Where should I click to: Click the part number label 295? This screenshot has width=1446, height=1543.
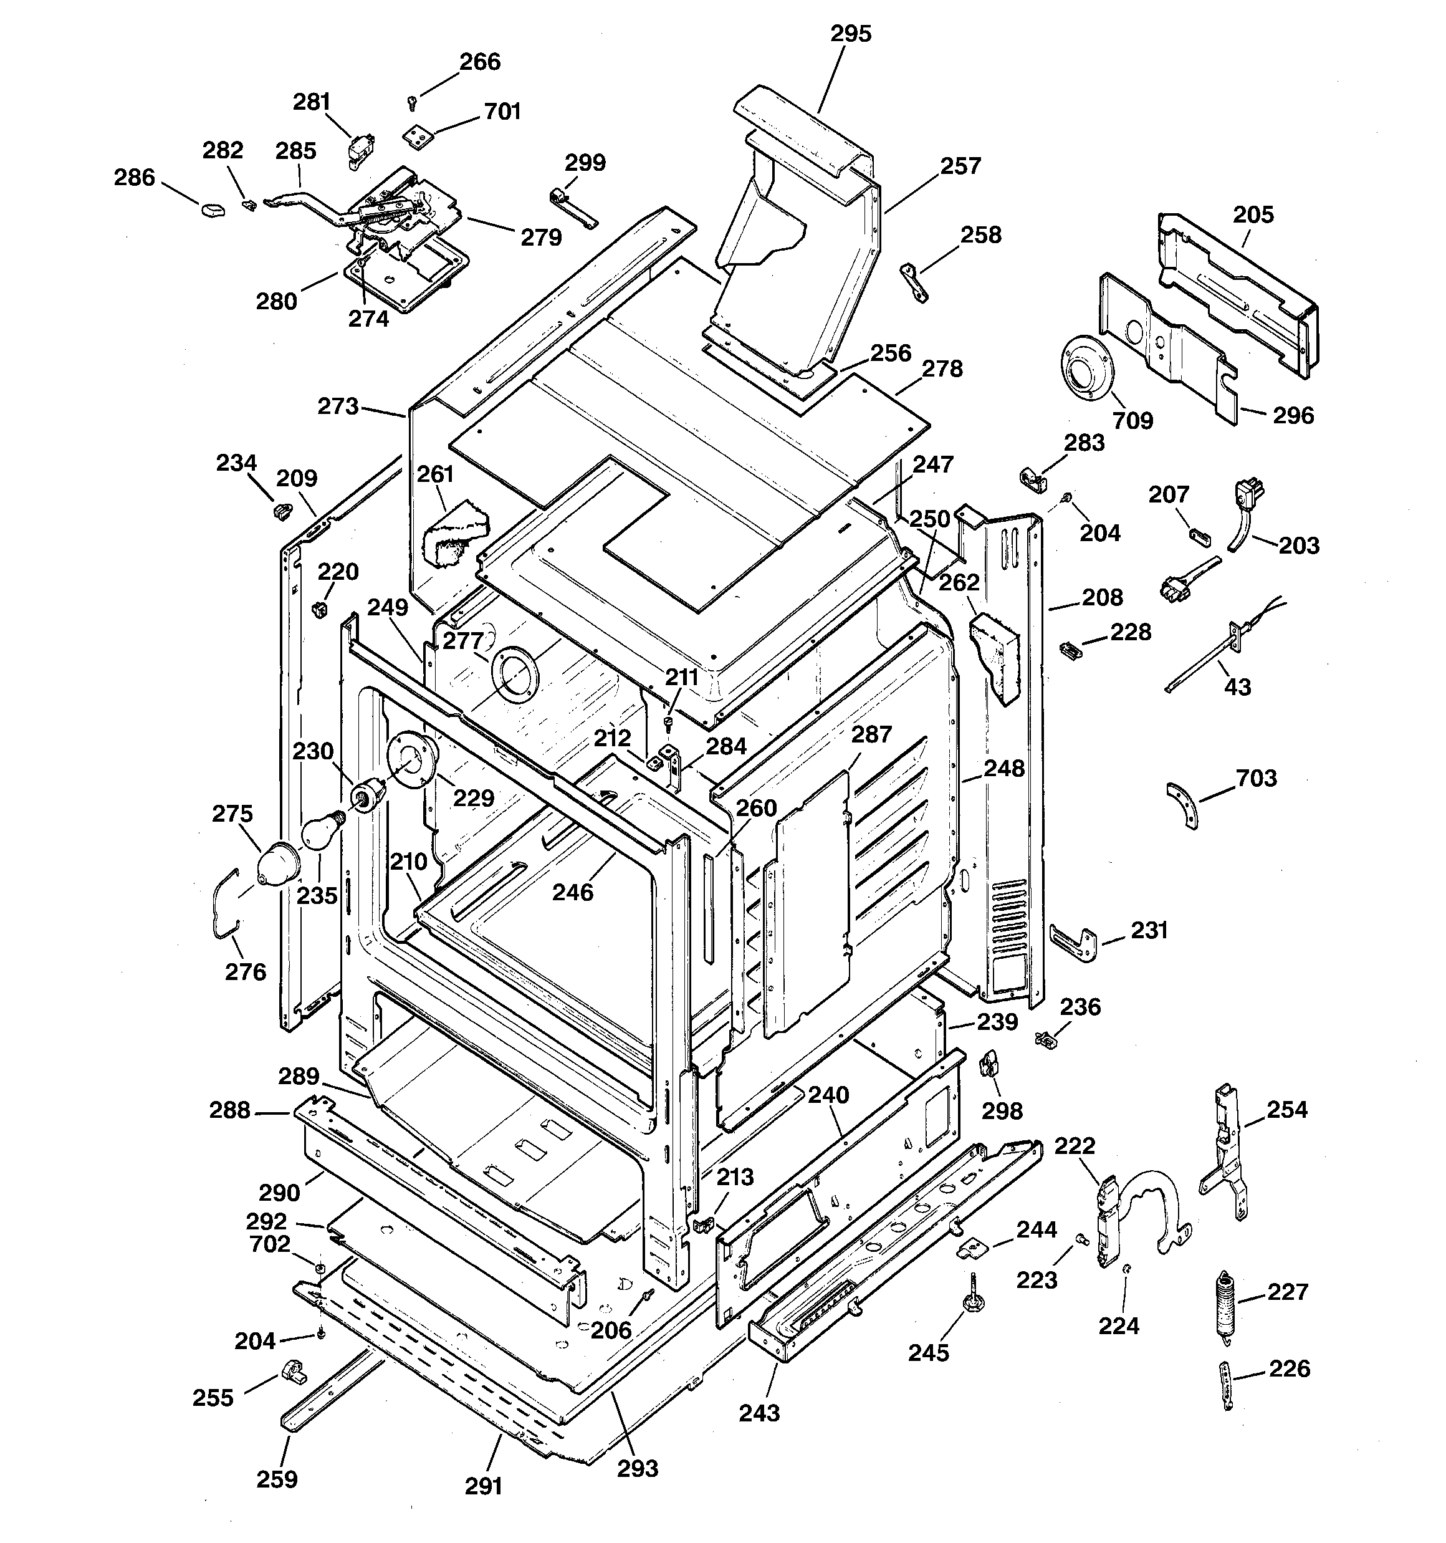pos(851,34)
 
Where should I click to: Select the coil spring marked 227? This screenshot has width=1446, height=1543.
pos(1224,1305)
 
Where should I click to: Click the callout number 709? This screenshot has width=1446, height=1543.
pos(1132,420)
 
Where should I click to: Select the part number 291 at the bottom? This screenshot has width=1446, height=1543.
pos(483,1486)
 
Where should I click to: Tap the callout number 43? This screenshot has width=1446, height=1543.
pos(1237,686)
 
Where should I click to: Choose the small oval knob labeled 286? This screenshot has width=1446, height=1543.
pos(213,209)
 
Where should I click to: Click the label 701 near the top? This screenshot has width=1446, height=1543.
pos(502,112)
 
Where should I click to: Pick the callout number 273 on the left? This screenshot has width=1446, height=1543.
pos(338,406)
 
